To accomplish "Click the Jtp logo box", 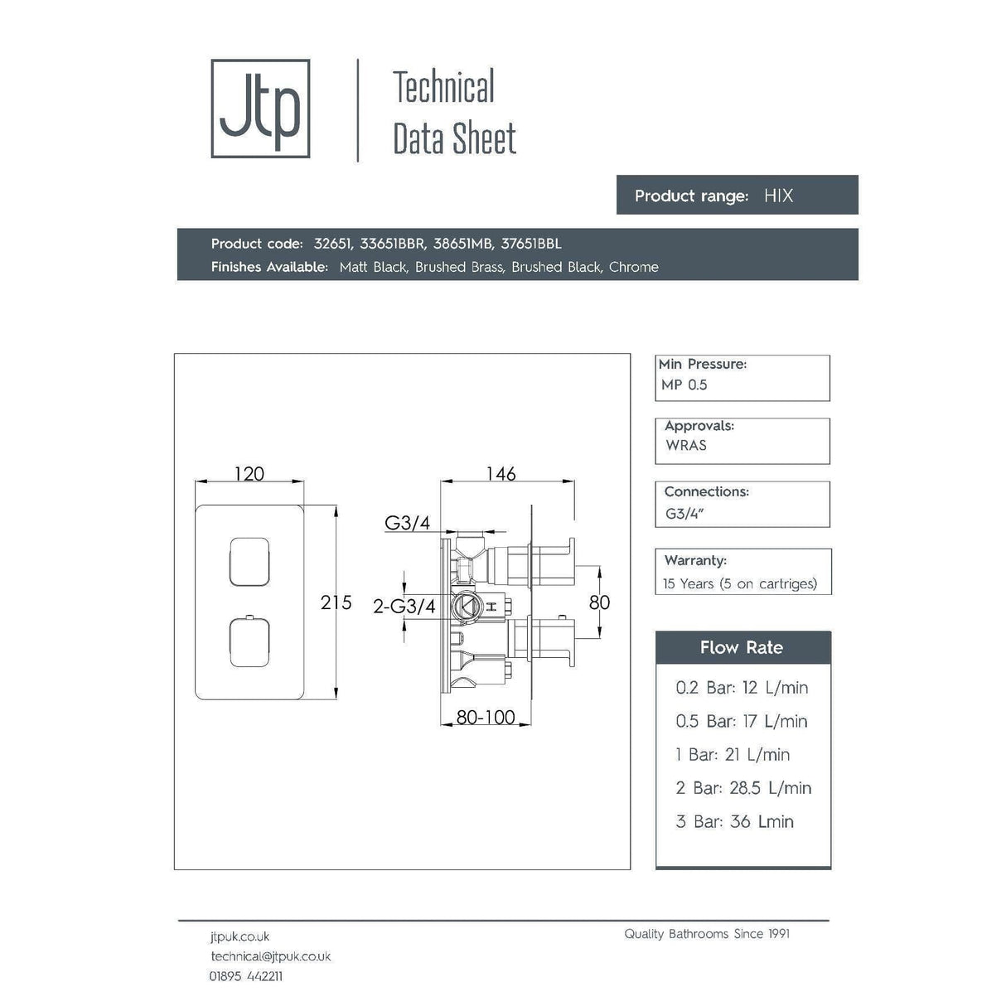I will [260, 109].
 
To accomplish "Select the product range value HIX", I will [778, 196].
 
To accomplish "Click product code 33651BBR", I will [393, 244].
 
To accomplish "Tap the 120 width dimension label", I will [249, 473].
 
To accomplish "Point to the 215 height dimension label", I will [336, 602].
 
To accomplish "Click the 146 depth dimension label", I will [501, 473].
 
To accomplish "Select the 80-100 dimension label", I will [486, 717].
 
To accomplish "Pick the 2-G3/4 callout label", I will [404, 607].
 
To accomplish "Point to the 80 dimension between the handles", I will [599, 602].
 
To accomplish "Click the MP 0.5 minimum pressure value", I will [684, 385].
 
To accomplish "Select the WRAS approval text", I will [686, 445].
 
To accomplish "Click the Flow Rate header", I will [742, 648].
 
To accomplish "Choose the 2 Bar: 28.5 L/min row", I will [743, 788].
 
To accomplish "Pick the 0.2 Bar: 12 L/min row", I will [742, 688].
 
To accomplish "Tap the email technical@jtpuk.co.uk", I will [270, 956].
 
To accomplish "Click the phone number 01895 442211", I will [245, 976].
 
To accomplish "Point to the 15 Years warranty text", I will [739, 583].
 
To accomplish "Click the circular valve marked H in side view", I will [468, 607].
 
